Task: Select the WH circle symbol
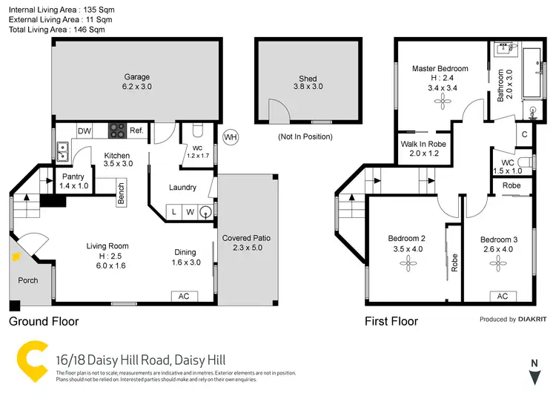pyautogui.click(x=231, y=137)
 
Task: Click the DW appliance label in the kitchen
pyautogui.click(x=85, y=131)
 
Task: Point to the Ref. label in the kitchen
pyautogui.click(x=136, y=131)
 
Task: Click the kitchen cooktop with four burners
pyautogui.click(x=117, y=131)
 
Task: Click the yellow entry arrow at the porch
pyautogui.click(x=15, y=257)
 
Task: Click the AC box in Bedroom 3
pyautogui.click(x=502, y=297)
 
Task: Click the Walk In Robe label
pyautogui.click(x=420, y=149)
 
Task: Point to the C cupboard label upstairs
pyautogui.click(x=524, y=135)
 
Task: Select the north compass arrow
pyautogui.click(x=533, y=374)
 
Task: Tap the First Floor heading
pyautogui.click(x=391, y=322)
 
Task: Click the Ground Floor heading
pyautogui.click(x=43, y=322)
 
